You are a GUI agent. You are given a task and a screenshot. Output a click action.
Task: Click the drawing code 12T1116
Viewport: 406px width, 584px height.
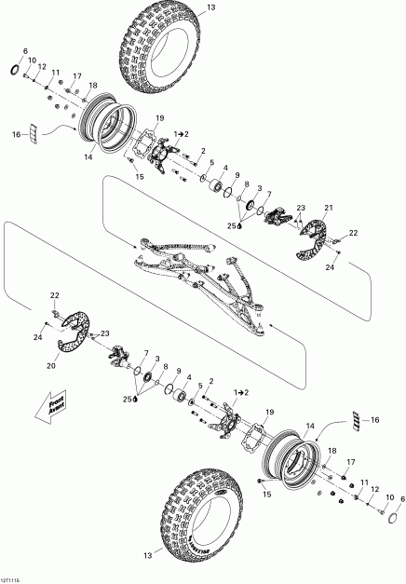click(x=16, y=577)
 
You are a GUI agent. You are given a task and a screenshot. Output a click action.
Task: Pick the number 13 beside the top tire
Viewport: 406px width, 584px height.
click(x=210, y=7)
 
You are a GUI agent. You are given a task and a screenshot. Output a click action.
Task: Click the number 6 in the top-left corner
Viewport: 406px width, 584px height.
click(x=25, y=50)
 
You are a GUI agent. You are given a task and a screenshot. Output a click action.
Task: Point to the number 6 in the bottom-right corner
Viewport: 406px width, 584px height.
click(x=389, y=498)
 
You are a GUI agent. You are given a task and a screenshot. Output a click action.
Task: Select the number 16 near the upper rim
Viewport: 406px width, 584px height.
click(x=16, y=135)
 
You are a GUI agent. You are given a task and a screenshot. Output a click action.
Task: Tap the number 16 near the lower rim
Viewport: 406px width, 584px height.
click(x=376, y=421)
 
